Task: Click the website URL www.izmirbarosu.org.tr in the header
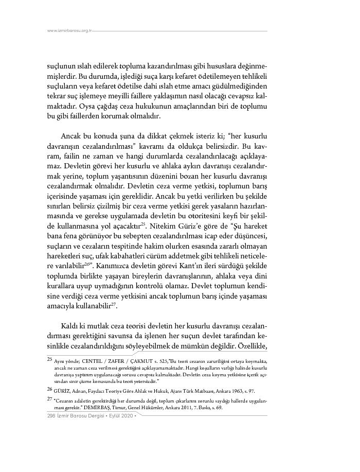point(69,31)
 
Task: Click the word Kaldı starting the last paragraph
point(71,328)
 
